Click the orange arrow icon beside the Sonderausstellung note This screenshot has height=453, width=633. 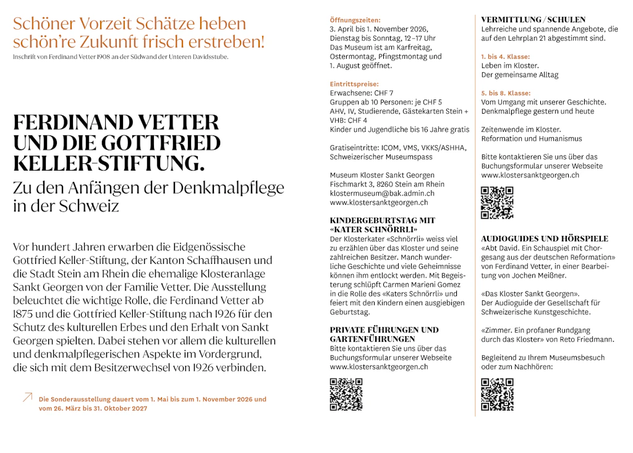pos(27,397)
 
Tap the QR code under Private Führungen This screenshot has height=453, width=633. pos(346,394)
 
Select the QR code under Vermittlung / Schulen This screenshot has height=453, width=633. pos(497,203)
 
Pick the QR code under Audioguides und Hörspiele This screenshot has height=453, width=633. pos(497,394)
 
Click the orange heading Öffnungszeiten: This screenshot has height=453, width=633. pos(355,20)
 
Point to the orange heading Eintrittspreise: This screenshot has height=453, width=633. pos(354,84)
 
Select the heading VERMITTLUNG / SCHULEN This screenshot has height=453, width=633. pos(533,20)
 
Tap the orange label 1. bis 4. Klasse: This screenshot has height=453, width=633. pos(506,57)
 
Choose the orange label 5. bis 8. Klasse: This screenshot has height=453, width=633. pos(506,93)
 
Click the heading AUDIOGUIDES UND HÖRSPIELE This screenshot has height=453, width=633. pos(545,239)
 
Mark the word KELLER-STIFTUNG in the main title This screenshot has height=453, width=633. pos(106,164)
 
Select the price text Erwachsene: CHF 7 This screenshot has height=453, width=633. pos(361,93)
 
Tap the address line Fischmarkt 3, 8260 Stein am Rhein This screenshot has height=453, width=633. pos(387,184)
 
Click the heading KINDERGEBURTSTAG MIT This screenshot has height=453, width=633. pos(382,221)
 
